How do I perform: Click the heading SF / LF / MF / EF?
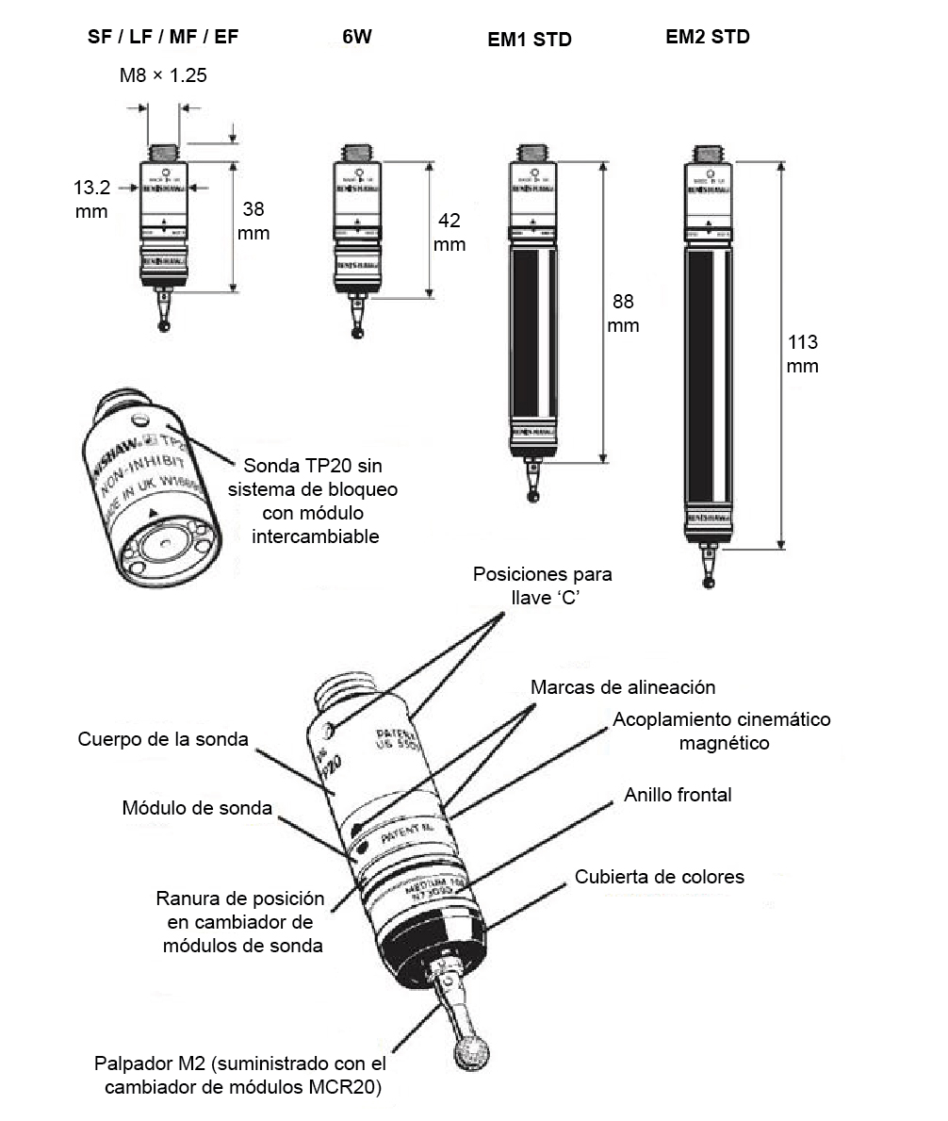tap(163, 38)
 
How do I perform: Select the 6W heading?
tap(356, 39)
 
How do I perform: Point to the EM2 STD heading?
tap(707, 38)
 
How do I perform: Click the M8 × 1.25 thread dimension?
tap(163, 75)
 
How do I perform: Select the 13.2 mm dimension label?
tap(91, 199)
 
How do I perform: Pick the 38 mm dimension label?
tap(253, 221)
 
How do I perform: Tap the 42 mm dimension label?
tap(449, 232)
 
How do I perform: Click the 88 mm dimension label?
tap(623, 313)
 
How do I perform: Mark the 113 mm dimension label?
tap(802, 354)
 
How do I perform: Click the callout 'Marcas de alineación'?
tap(622, 687)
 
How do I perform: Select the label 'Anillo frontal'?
tap(677, 795)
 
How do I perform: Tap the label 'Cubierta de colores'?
tap(659, 877)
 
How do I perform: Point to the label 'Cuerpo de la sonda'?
tap(163, 739)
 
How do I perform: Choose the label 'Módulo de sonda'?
tap(197, 808)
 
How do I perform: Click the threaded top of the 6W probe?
tap(357, 152)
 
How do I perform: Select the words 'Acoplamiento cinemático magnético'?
tap(721, 731)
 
